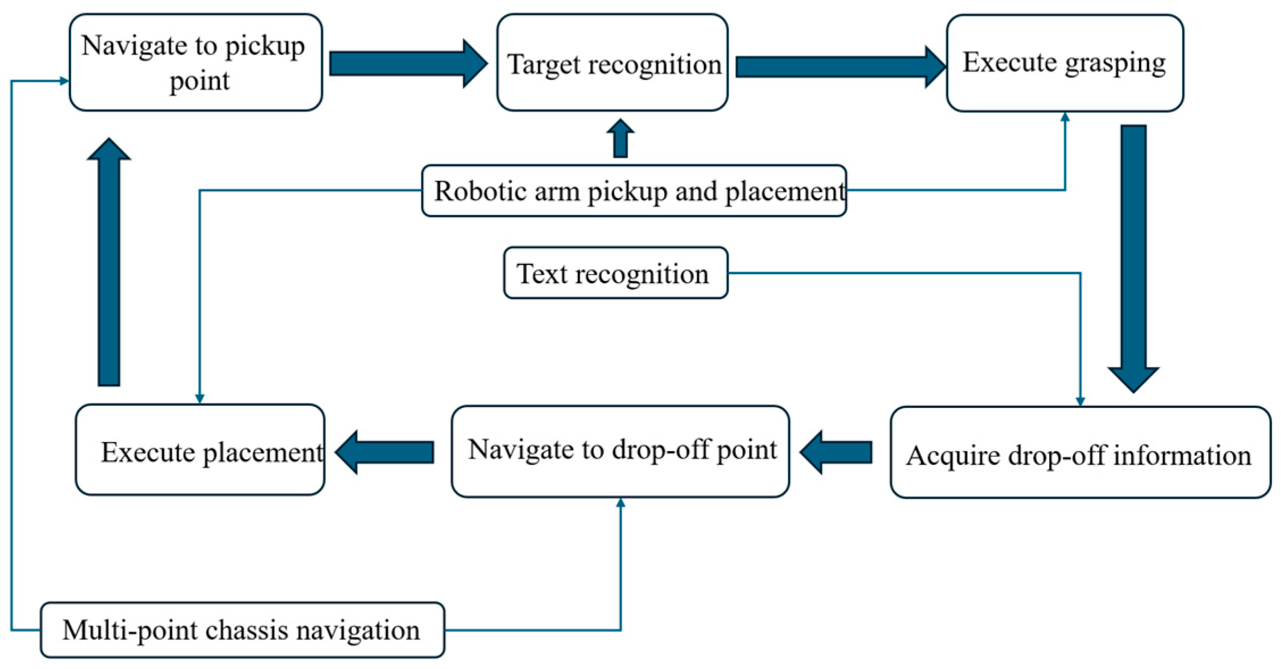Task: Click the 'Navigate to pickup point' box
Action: click(196, 62)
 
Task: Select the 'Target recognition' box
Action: click(612, 62)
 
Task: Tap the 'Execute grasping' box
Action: click(1065, 63)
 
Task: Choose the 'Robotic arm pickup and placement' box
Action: click(634, 191)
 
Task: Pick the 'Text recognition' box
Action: click(616, 273)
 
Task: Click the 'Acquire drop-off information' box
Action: click(1081, 452)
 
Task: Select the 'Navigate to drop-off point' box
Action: click(621, 452)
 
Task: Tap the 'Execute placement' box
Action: click(200, 449)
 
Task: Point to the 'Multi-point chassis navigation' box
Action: click(242, 630)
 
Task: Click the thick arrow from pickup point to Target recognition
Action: click(408, 64)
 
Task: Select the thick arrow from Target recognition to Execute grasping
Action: click(841, 67)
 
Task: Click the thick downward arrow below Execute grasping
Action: click(1133, 259)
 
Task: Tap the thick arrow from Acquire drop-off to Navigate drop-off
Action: click(836, 452)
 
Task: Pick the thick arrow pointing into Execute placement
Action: click(384, 452)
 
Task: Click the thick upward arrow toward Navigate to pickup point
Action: click(109, 262)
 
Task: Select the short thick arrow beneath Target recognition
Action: click(621, 138)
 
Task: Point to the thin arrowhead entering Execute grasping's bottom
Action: click(1065, 117)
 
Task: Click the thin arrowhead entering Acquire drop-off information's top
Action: click(1080, 402)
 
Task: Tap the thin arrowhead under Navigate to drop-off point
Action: click(621, 503)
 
